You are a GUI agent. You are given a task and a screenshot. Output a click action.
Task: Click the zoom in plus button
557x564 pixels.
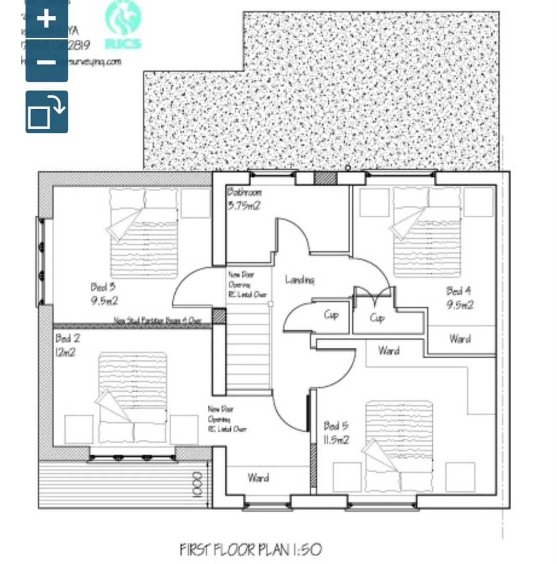46,19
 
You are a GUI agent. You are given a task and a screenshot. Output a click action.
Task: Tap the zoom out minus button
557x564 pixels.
46,62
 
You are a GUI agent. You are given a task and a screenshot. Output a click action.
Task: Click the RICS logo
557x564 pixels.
122,26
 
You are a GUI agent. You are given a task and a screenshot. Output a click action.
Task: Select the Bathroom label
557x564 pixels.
244,198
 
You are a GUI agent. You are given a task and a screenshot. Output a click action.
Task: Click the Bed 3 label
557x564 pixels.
103,293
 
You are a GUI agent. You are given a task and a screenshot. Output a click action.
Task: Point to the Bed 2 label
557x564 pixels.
67,345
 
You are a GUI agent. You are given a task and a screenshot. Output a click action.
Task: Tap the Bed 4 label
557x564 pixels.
459,298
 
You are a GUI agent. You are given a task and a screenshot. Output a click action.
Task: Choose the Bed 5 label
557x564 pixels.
336,432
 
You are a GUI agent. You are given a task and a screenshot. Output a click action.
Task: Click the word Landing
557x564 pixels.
300,280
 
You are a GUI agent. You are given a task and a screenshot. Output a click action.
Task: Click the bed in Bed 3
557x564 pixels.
144,232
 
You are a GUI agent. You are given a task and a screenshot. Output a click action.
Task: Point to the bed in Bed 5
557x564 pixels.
399,446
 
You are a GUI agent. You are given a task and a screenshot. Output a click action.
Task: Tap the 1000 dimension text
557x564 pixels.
196,485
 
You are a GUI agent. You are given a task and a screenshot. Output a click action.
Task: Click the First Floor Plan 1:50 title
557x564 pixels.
251,549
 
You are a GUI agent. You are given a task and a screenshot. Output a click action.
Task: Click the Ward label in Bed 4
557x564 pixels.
459,339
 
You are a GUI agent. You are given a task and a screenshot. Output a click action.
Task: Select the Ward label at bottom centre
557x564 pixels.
258,477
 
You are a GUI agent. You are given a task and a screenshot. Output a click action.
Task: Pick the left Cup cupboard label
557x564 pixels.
331,315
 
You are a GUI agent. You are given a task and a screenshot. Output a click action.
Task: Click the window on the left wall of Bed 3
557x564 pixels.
40,261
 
